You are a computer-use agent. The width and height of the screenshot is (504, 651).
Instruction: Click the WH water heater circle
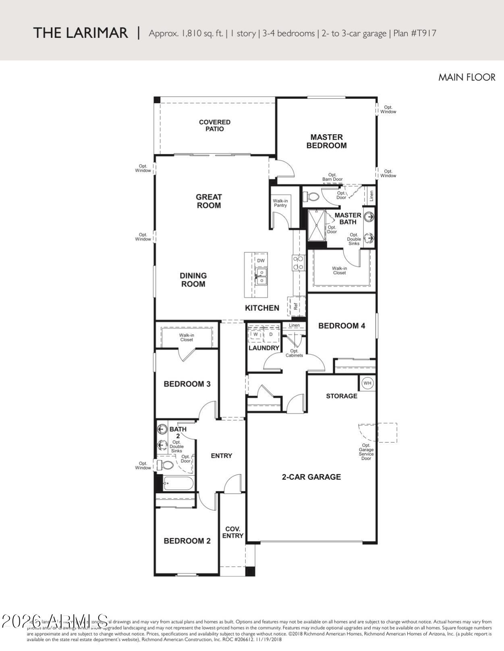[x=367, y=383]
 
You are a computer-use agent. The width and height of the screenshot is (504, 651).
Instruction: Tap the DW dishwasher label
[x=261, y=261]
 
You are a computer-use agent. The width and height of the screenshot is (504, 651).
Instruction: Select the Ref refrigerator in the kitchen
[x=296, y=306]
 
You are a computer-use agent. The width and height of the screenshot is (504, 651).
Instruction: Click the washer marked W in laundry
[x=255, y=334]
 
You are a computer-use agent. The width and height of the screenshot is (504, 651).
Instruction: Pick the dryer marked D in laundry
[x=271, y=334]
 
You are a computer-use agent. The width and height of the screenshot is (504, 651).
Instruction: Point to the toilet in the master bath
[x=312, y=197]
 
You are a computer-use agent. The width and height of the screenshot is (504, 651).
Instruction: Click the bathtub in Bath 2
[x=178, y=483]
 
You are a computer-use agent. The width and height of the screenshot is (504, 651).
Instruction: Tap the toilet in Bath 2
[x=166, y=465]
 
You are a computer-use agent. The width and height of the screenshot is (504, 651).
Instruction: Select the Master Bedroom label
[x=326, y=141]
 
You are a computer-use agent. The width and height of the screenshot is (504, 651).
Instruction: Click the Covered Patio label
[x=215, y=125]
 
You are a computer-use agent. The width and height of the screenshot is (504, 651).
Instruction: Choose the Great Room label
[x=209, y=201]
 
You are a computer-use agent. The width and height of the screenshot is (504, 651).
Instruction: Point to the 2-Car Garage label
[x=311, y=477]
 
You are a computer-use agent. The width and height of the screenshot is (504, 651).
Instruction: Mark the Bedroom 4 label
[x=342, y=326]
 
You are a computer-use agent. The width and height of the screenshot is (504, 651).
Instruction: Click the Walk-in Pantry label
[x=280, y=203]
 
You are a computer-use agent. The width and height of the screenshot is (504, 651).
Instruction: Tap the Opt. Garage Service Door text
[x=366, y=452]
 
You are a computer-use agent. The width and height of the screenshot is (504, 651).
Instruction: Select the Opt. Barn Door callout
[x=332, y=177]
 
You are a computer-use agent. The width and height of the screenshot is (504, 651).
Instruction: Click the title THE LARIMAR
[x=81, y=33]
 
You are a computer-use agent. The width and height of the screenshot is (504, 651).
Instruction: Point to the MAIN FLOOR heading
[x=467, y=77]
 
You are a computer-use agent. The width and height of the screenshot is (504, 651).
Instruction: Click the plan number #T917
[x=423, y=33]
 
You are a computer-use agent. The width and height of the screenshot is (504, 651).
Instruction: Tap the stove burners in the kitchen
[x=299, y=263]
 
